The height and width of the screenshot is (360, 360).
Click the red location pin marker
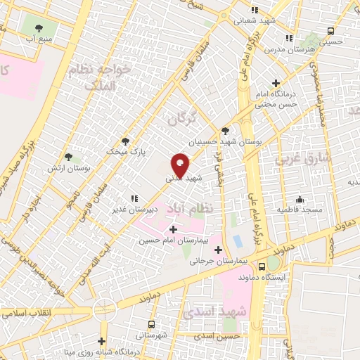click(181, 166)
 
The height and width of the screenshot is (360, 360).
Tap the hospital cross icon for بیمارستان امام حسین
click(173, 229)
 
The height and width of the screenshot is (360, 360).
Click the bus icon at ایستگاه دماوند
click(262, 266)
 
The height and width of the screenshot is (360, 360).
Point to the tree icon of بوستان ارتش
click(68, 157)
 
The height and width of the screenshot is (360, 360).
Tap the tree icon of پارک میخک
click(126, 141)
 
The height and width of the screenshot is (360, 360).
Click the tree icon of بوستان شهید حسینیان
click(225, 131)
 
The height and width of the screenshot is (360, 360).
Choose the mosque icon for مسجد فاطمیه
click(300, 199)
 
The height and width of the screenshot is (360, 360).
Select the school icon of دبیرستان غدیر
click(134, 199)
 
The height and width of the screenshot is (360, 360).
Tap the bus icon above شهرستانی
click(151, 324)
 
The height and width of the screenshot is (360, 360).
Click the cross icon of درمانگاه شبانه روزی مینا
click(103, 341)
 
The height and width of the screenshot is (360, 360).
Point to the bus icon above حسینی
click(331, 31)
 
